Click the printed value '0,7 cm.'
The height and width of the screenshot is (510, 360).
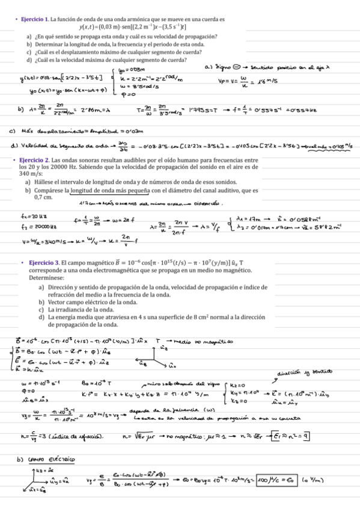coord(44,197)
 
